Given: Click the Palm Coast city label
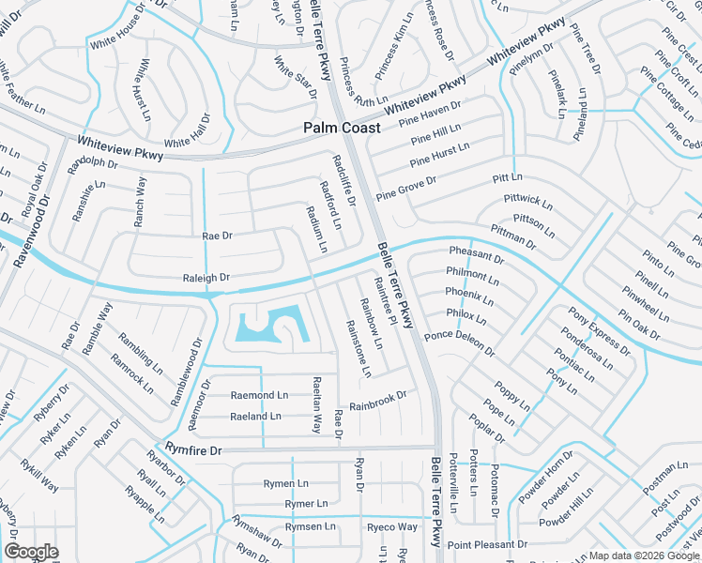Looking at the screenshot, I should [x=342, y=128].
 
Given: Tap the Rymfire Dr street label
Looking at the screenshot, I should [x=193, y=450].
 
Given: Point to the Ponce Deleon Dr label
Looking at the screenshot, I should [x=459, y=342].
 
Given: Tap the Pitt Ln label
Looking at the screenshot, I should [x=508, y=177].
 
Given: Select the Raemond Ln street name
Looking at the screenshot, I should [x=259, y=396].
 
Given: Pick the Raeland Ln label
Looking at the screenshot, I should [x=255, y=416].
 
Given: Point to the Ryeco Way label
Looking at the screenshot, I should [x=391, y=527].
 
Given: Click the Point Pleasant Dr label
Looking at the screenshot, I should [x=487, y=544].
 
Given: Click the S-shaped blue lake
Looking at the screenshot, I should [x=269, y=325].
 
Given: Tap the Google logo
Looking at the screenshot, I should [x=31, y=552].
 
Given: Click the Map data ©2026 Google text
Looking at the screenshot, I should [x=644, y=555].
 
